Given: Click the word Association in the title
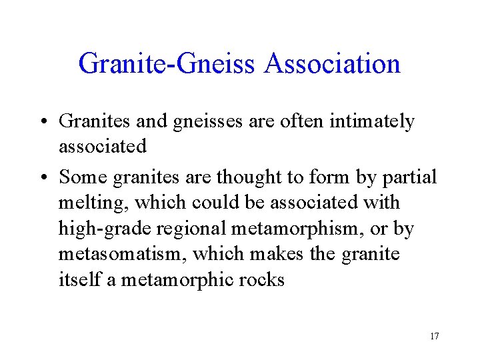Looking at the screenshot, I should coord(332,65).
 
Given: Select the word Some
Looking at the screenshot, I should coord(82,177).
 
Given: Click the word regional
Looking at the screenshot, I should coord(191,229).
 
